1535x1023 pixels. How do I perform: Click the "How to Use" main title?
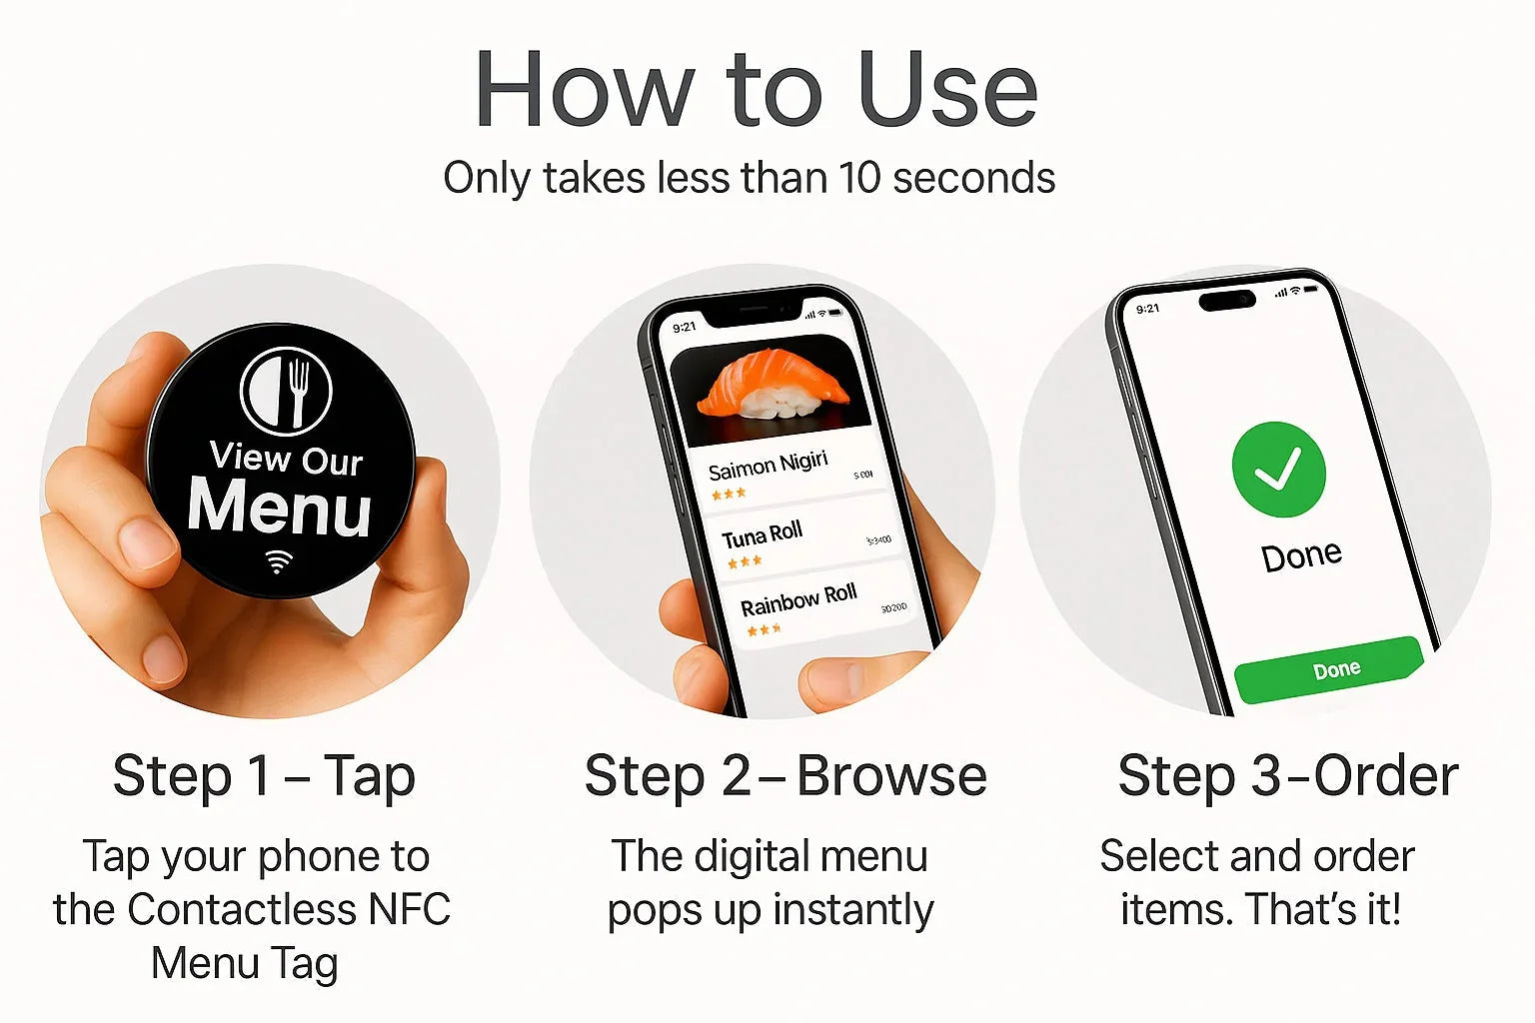[756, 90]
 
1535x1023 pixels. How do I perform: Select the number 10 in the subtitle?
[859, 179]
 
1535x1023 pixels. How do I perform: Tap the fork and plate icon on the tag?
[286, 390]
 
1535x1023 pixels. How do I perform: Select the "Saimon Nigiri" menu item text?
[767, 466]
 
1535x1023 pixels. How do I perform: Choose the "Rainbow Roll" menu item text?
[797, 600]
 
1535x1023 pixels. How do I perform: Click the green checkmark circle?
[1278, 469]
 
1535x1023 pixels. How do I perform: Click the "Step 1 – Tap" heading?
[264, 776]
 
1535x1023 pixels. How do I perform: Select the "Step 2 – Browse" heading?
[785, 776]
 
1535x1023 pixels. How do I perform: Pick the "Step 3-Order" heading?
[1287, 776]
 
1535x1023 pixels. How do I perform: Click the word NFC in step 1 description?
[410, 910]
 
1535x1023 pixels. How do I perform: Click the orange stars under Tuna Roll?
[745, 561]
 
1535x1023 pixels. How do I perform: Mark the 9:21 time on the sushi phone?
[685, 327]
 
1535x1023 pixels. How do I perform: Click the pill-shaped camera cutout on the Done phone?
[1227, 300]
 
